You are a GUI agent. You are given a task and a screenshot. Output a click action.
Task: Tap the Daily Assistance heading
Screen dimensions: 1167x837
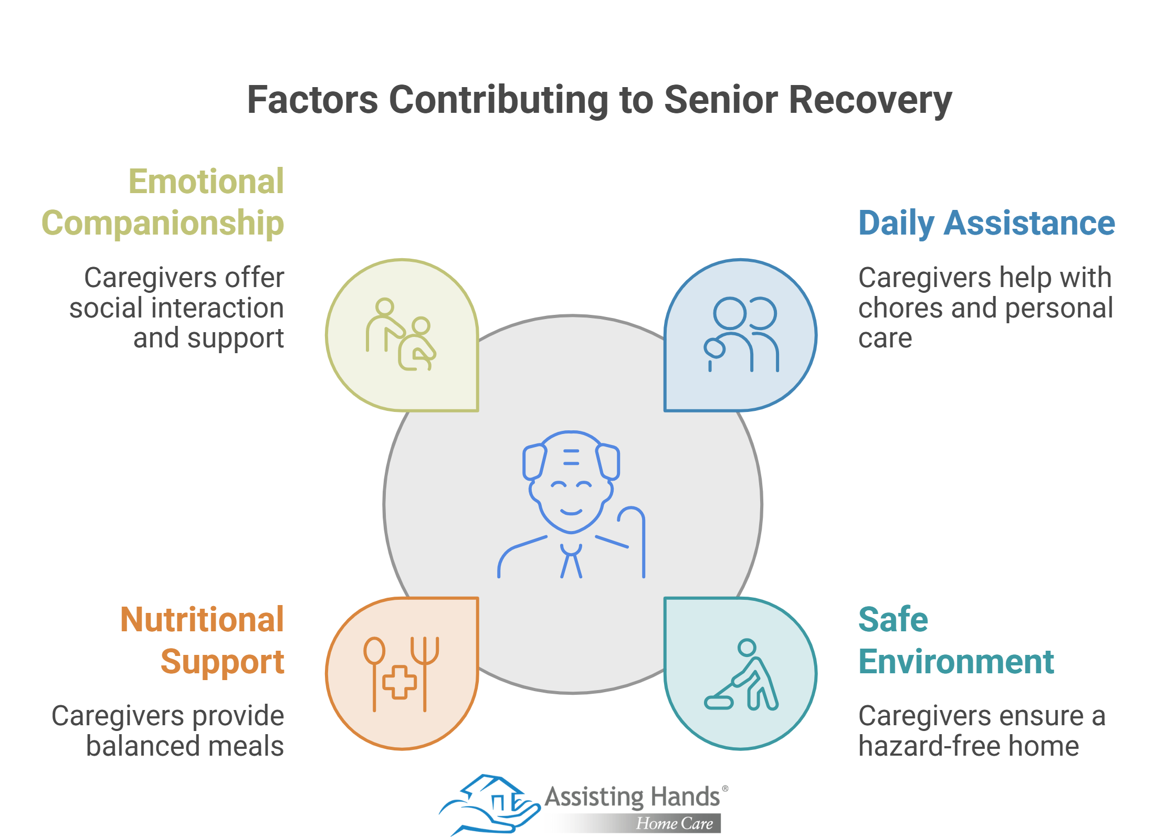click(x=986, y=223)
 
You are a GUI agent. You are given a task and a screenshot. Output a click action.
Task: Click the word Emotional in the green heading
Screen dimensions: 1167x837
click(x=206, y=181)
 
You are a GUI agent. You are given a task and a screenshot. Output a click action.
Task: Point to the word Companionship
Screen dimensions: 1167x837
click(x=163, y=223)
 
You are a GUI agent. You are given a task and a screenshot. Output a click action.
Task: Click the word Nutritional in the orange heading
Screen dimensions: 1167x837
click(x=202, y=619)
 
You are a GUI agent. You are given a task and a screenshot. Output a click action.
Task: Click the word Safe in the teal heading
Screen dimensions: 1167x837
click(x=893, y=619)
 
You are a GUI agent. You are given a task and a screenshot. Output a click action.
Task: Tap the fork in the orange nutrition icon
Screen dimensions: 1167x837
click(x=425, y=674)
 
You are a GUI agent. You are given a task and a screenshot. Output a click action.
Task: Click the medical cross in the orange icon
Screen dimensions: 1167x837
click(x=399, y=682)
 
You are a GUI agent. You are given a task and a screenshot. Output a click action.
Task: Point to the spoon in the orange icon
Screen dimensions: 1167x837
click(x=374, y=674)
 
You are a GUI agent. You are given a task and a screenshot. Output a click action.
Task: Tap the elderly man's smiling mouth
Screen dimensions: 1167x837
click(x=571, y=512)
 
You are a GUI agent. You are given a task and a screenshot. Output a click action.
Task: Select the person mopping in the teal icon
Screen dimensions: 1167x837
click(x=741, y=675)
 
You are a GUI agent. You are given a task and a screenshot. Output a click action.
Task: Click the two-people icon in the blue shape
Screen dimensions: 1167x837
click(x=741, y=334)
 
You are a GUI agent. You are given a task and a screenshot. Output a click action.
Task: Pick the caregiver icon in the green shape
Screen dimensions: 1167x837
click(x=401, y=334)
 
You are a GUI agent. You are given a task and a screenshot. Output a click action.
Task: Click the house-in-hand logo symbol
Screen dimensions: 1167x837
click(x=489, y=804)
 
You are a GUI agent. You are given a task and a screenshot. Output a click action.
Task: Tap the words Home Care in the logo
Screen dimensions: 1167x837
click(x=675, y=823)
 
